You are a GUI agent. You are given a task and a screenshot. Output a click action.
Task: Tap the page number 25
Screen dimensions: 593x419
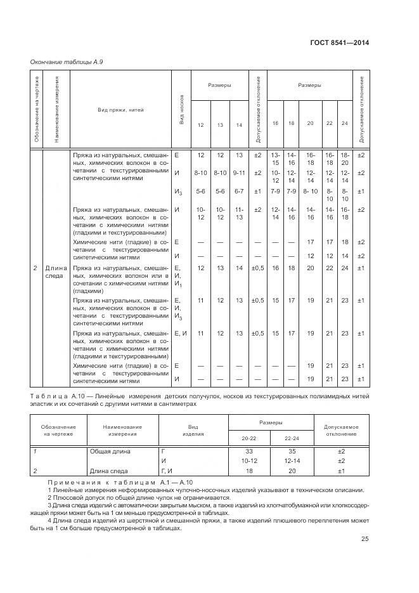coord(364,539)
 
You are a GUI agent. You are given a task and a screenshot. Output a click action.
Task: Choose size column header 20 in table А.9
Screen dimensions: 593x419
coord(311,123)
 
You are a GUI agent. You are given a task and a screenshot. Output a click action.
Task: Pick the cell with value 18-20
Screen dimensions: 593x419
coord(344,159)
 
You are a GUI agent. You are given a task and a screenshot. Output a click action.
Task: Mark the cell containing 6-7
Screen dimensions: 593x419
coord(239,191)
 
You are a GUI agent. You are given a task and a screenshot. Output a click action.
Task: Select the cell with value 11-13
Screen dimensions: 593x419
coord(239,214)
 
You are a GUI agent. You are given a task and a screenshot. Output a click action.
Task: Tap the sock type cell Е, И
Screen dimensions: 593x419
coord(181,333)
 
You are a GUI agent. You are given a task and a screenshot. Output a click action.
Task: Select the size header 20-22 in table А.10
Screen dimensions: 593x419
coord(249,438)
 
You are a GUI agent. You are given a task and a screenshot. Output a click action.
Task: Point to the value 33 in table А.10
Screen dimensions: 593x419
coord(249,452)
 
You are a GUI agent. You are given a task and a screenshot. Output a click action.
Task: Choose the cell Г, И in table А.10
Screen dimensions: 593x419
coord(167,471)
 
